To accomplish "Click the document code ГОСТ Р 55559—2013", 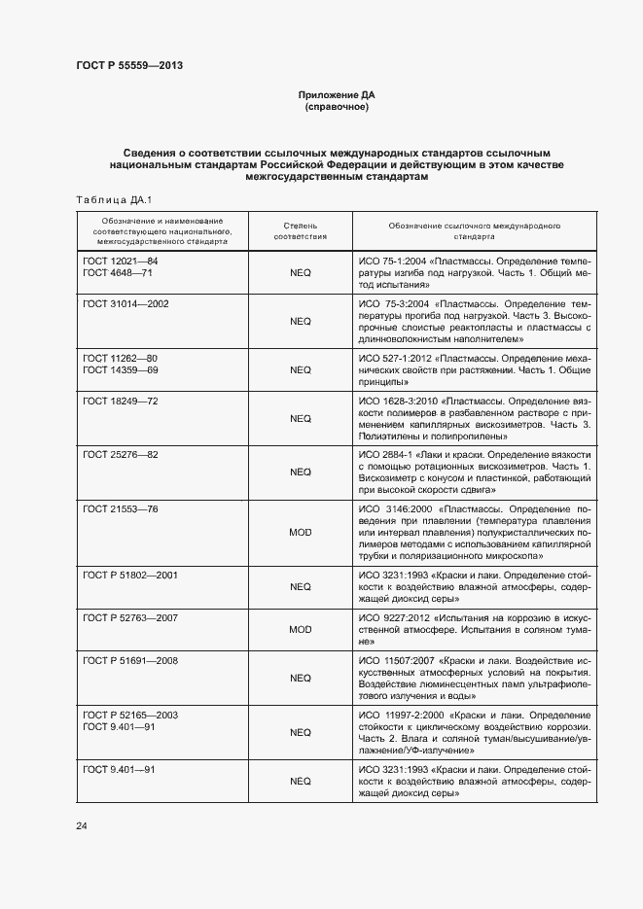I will pos(129,65).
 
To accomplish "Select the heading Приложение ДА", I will pos(336,95).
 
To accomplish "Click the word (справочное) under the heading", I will pos(336,107).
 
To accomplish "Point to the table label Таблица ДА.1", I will pos(110,199).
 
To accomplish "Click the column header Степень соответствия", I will pos(300,230).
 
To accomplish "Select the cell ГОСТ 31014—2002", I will pos(125,304).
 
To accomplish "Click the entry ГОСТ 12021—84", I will pos(120,262).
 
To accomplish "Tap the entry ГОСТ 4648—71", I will pos(118,273).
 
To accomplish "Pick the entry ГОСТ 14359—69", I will pos(120,369).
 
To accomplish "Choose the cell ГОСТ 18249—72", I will pos(120,401).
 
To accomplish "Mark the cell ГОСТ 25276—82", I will pos(120,455).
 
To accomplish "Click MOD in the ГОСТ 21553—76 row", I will pos(301,533).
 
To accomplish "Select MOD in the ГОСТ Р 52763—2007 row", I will pos(301,629).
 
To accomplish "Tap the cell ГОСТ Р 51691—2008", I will pos(129,661).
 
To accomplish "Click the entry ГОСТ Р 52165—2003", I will pos(129,715).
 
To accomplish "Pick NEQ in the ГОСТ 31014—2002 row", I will pos(301,320).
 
